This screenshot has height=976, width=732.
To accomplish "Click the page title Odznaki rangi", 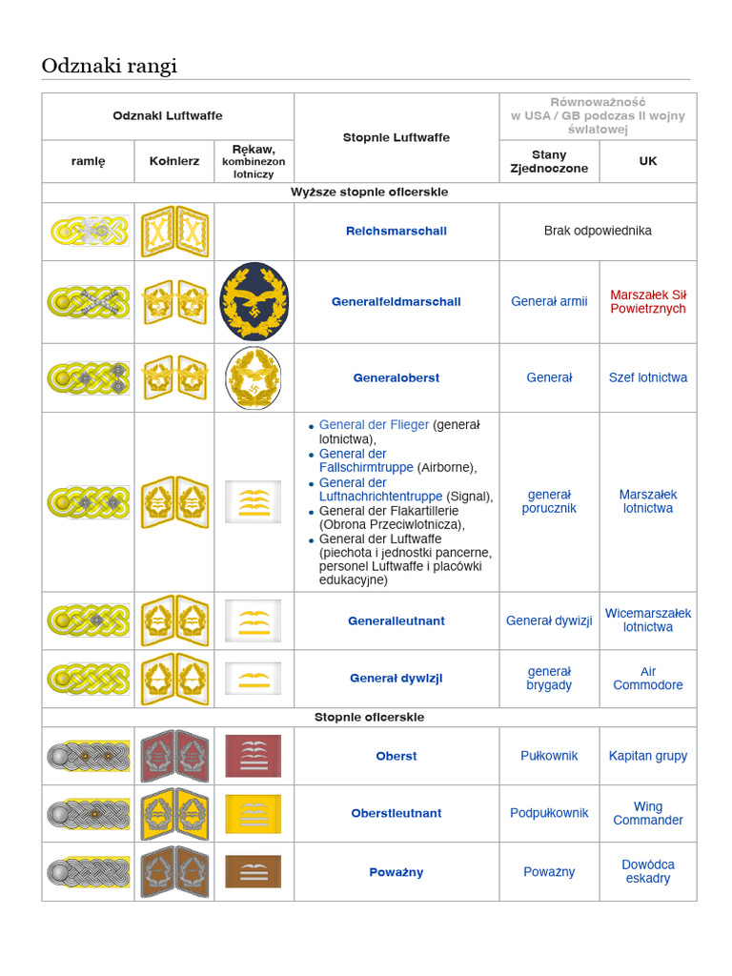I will [110, 66].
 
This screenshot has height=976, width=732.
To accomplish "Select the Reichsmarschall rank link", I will [396, 231].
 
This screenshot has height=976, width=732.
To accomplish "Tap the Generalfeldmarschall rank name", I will [396, 302].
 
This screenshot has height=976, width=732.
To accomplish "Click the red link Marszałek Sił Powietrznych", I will [648, 302].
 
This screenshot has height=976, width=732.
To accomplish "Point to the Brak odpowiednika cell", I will [598, 231].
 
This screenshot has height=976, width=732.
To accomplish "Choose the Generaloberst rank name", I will [396, 377].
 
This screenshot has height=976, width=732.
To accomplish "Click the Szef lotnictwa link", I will [648, 377].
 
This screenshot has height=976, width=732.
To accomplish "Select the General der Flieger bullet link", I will [374, 425].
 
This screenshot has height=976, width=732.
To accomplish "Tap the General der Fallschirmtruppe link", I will [366, 460].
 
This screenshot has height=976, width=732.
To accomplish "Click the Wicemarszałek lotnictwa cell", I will [648, 620].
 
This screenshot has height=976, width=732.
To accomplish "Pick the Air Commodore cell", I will [648, 678].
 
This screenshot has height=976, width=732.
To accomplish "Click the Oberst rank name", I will [396, 756].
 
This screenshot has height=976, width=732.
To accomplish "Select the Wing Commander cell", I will [648, 813].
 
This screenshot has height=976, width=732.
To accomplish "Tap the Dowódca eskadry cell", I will [648, 871].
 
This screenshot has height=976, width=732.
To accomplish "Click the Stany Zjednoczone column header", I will [549, 161].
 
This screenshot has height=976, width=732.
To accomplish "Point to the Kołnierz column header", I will [174, 161].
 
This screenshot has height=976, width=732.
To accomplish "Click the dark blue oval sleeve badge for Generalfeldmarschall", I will [254, 301].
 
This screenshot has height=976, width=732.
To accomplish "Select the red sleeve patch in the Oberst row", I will [254, 756].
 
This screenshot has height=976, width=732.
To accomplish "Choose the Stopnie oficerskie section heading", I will [369, 717].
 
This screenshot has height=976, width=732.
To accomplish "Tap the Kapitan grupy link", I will [648, 756].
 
